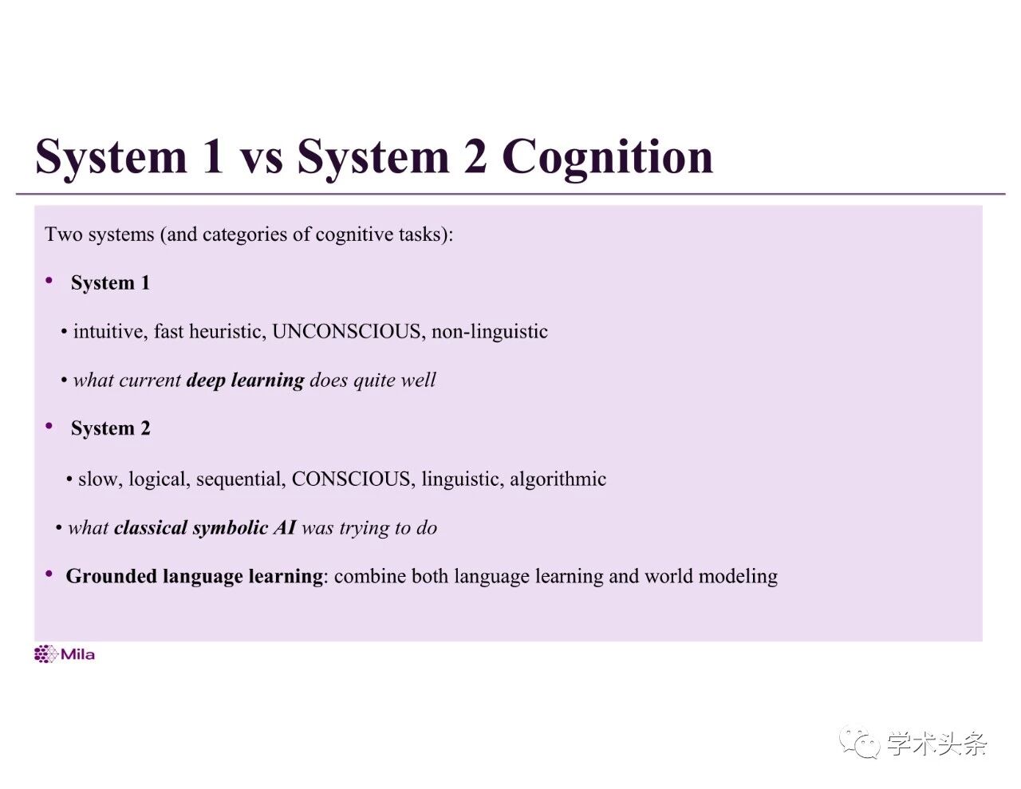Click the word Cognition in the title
[x=607, y=157]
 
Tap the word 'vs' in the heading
[x=261, y=157]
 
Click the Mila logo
[x=65, y=655]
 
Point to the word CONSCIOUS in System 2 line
[x=352, y=479]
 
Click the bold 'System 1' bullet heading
[x=110, y=283]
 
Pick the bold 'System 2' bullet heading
[x=110, y=429]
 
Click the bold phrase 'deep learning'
[x=245, y=381]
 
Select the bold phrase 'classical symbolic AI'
[x=205, y=528]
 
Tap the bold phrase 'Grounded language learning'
[x=194, y=577]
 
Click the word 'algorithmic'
[x=558, y=479]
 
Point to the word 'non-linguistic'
[x=490, y=332]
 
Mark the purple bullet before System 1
[x=49, y=281]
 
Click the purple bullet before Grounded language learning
[x=49, y=574]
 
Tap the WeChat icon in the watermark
[x=858, y=744]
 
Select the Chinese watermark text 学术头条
[x=936, y=744]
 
